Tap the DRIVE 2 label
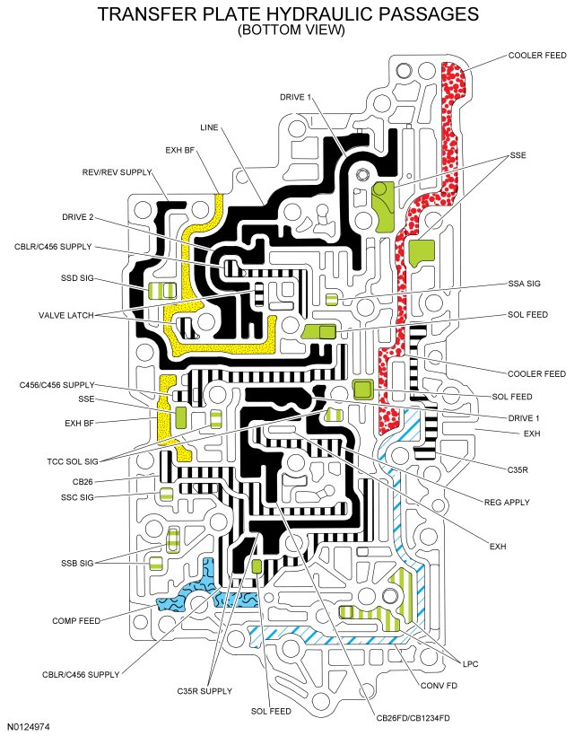coord(78,217)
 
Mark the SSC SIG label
coord(76,496)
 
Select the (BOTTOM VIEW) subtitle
coord(291,30)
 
